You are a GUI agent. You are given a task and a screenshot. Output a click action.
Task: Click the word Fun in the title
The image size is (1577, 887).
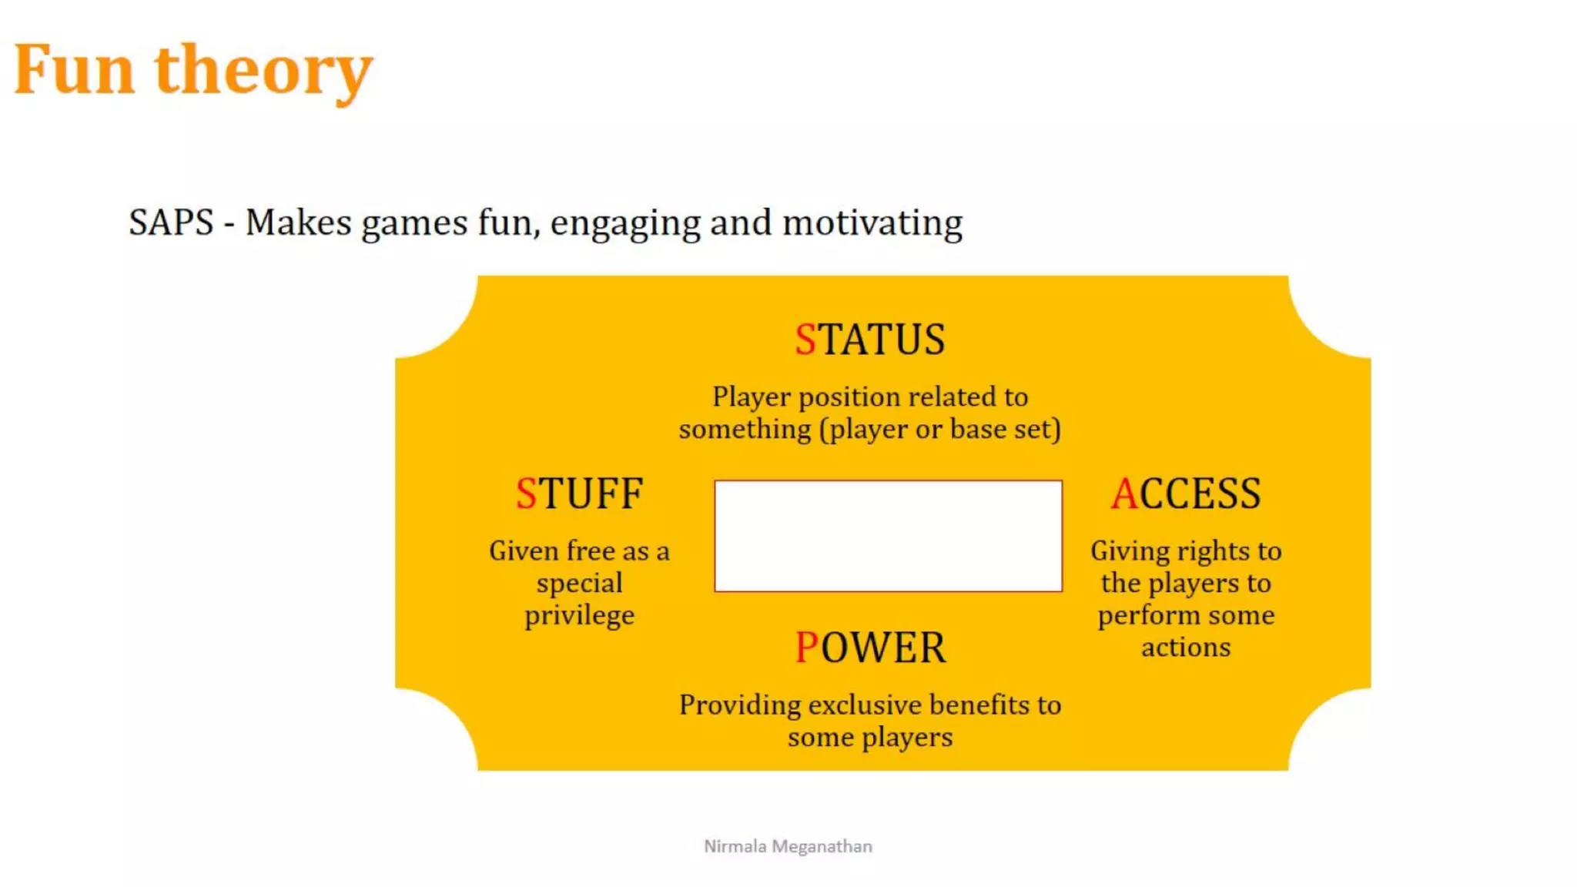[75, 70]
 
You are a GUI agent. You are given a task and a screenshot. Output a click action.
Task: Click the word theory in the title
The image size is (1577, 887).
[263, 72]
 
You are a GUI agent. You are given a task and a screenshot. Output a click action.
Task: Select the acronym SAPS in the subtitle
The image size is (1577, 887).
[171, 223]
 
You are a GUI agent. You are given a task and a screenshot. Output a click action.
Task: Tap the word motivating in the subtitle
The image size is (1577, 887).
[872, 223]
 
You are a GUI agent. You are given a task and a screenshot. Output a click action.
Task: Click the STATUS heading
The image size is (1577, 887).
[870, 340]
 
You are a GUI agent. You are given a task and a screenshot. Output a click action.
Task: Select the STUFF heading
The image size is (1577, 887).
[579, 494]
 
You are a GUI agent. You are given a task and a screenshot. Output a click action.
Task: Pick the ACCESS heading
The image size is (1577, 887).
[1186, 494]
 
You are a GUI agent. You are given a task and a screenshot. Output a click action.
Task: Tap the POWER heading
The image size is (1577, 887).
[870, 648]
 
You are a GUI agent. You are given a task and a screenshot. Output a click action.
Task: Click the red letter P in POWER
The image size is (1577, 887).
[806, 648]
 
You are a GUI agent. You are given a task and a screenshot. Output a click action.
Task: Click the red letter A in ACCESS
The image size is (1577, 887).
[1124, 494]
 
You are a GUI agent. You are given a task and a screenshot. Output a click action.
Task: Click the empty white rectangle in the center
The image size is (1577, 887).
[888, 536]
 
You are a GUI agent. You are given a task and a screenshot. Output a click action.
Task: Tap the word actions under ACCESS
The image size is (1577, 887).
[1186, 648]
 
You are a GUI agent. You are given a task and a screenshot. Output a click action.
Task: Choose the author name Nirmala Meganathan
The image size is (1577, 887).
[788, 846]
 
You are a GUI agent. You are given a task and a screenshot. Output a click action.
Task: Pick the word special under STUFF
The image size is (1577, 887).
[580, 584]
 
